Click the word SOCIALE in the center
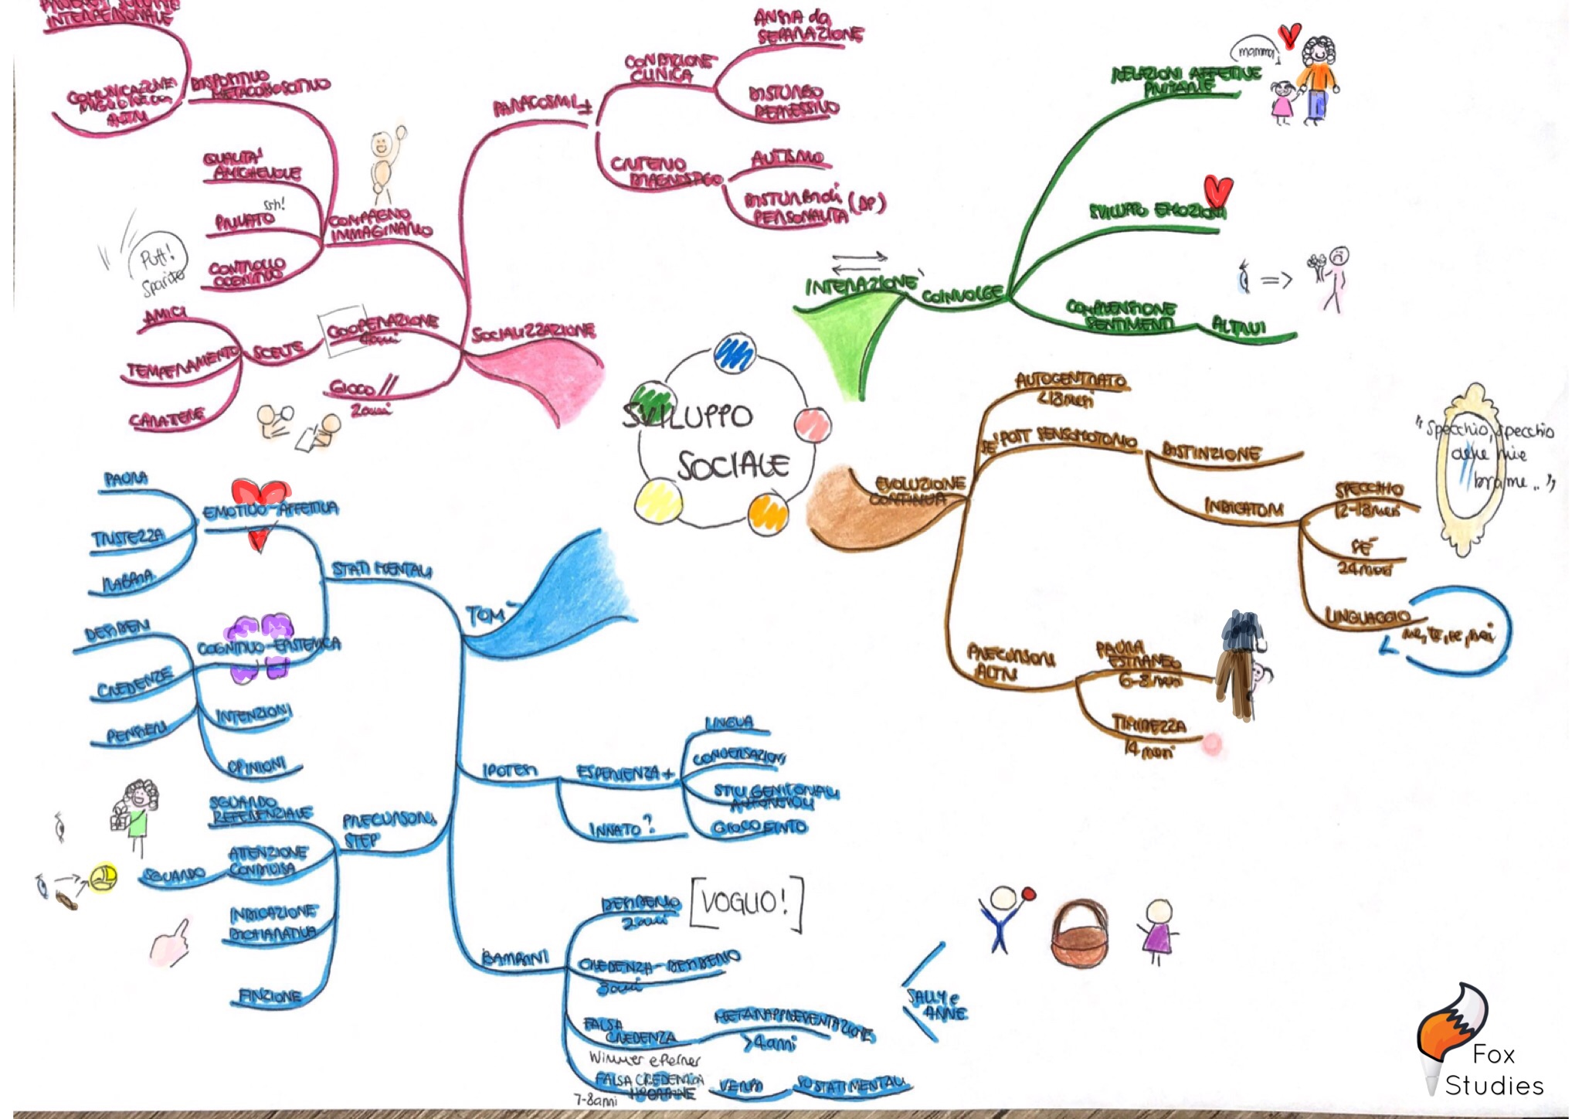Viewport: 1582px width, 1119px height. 733,465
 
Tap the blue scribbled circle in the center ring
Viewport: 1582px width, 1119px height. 734,353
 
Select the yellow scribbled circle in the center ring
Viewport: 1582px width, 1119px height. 658,501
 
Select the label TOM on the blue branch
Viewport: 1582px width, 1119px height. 485,615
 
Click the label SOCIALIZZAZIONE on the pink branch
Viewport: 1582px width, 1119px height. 533,332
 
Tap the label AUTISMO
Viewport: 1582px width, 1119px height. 788,158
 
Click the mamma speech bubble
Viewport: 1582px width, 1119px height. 1254,52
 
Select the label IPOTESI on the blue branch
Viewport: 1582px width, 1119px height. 509,770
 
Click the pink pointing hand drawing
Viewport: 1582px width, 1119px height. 171,944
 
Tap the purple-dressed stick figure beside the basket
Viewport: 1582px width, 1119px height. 1156,931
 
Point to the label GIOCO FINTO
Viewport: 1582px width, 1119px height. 759,828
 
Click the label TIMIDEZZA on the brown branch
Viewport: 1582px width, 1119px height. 1148,725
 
